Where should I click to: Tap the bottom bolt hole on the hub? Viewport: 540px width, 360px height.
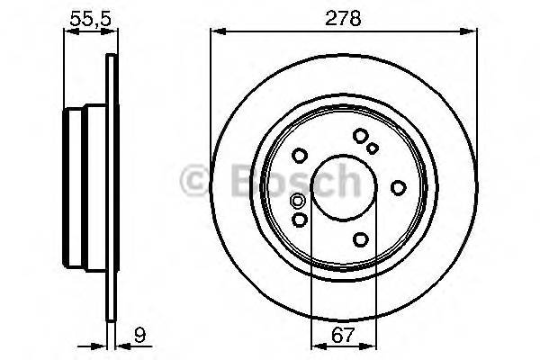click(x=361, y=238)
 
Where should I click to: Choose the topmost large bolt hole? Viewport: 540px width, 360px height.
click(x=360, y=136)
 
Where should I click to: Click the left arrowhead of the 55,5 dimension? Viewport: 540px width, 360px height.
click(x=67, y=31)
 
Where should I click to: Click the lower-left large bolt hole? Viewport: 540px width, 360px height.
click(x=301, y=219)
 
